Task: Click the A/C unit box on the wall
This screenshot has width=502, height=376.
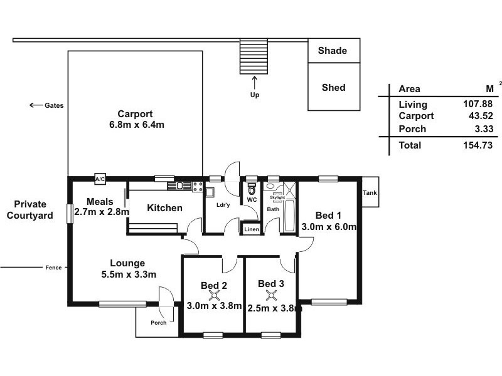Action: pyautogui.click(x=100, y=179)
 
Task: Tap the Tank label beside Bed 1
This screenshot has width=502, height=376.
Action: pyautogui.click(x=370, y=193)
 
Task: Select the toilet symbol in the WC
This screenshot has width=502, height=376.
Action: pyautogui.click(x=252, y=189)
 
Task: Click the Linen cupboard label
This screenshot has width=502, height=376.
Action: pyautogui.click(x=252, y=229)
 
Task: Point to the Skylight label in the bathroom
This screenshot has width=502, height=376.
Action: pyautogui.click(x=277, y=197)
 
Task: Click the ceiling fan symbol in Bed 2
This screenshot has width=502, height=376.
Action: pyautogui.click(x=214, y=296)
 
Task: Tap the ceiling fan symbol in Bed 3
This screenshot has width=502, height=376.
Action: pyautogui.click(x=272, y=295)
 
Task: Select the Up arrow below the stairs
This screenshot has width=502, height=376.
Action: pyautogui.click(x=255, y=83)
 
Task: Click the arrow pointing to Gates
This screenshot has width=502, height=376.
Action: pyautogui.click(x=36, y=105)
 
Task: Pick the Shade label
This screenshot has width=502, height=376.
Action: pyautogui.click(x=333, y=51)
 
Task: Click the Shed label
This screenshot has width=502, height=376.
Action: pyautogui.click(x=334, y=88)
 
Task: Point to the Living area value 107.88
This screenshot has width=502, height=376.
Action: pyautogui.click(x=478, y=104)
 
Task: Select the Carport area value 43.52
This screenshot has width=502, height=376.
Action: pyautogui.click(x=481, y=116)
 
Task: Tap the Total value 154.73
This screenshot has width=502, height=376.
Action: pyautogui.click(x=478, y=145)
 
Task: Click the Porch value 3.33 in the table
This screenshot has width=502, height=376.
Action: pyautogui.click(x=484, y=129)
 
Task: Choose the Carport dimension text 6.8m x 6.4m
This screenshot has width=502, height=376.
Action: pyautogui.click(x=137, y=125)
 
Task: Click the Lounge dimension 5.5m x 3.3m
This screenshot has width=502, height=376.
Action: pyautogui.click(x=129, y=274)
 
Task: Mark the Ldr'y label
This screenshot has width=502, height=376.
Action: pyautogui.click(x=223, y=205)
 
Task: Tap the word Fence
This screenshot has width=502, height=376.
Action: pyautogui.click(x=53, y=268)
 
